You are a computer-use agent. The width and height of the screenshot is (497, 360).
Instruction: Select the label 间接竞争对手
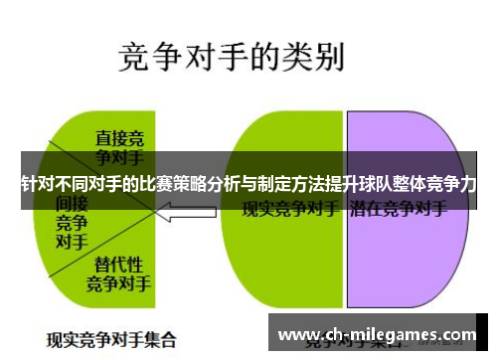(x=71, y=221)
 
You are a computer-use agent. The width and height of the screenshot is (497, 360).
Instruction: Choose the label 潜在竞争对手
(x=398, y=210)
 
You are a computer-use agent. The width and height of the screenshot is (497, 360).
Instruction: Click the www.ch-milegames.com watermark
(x=378, y=335)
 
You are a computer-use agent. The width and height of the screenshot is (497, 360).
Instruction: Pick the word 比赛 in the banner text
(x=166, y=184)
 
